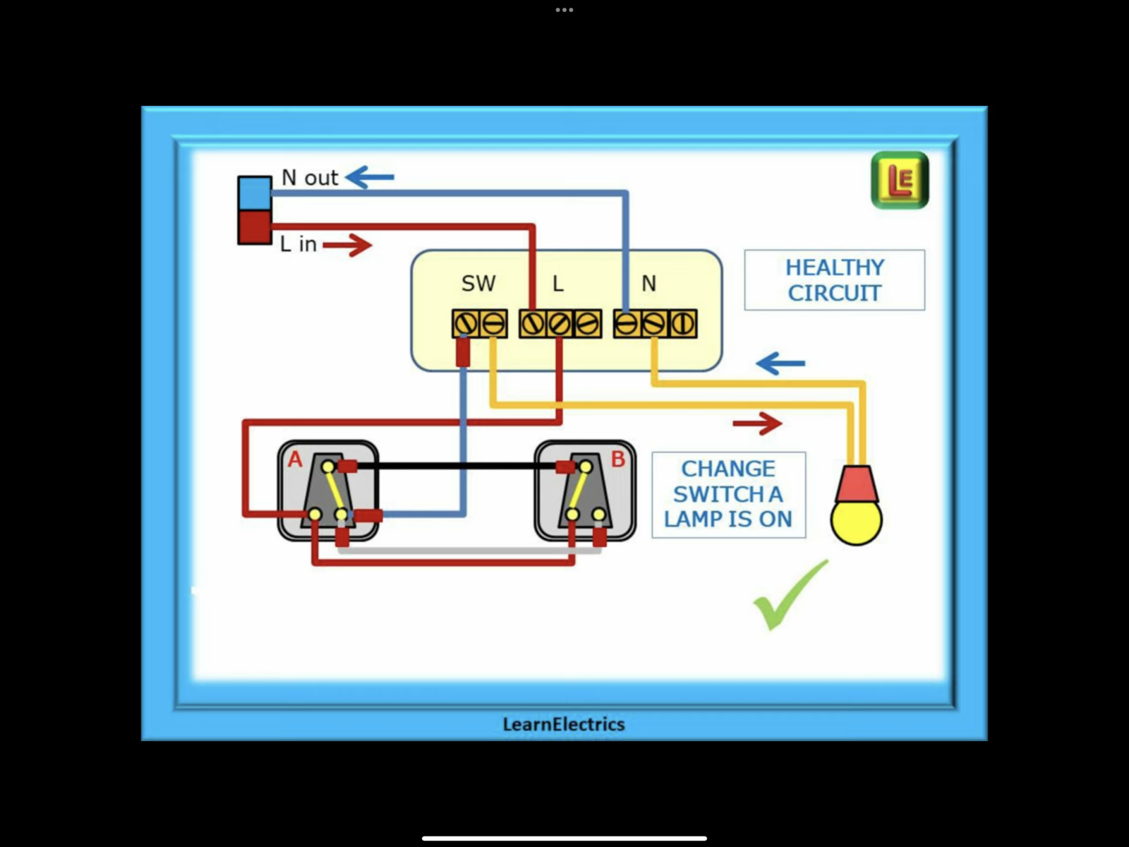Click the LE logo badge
pyautogui.click(x=900, y=180)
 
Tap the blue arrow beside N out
pyautogui.click(x=369, y=177)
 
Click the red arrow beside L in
pyautogui.click(x=347, y=245)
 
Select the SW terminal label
pyautogui.click(x=478, y=283)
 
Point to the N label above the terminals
pyautogui.click(x=648, y=283)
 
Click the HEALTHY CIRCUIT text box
pyautogui.click(x=834, y=280)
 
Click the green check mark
pyautogui.click(x=790, y=595)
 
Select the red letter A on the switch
pyautogui.click(x=295, y=459)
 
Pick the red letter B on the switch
pyautogui.click(x=617, y=459)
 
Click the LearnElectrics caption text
pyautogui.click(x=564, y=724)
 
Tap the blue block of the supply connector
pyautogui.click(x=255, y=193)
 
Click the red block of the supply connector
pyautogui.click(x=255, y=227)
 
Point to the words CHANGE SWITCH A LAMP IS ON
pyautogui.click(x=728, y=494)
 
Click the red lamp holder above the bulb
pyautogui.click(x=857, y=484)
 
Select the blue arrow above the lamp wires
pyautogui.click(x=780, y=363)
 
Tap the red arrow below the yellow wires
pyautogui.click(x=758, y=423)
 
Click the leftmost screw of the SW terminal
pyautogui.click(x=466, y=324)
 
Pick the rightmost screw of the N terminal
pyautogui.click(x=683, y=324)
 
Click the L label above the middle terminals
pyautogui.click(x=558, y=283)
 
